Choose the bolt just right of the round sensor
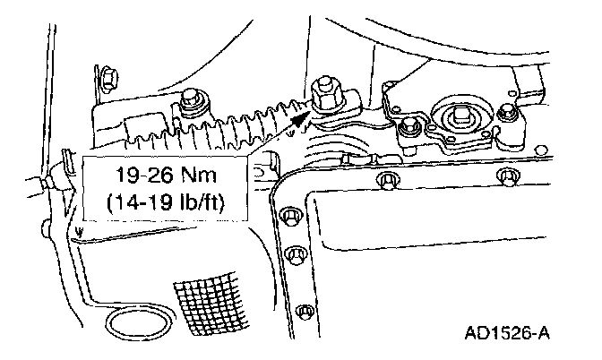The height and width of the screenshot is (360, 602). [508, 114]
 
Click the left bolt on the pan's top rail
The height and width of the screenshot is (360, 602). [387, 182]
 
